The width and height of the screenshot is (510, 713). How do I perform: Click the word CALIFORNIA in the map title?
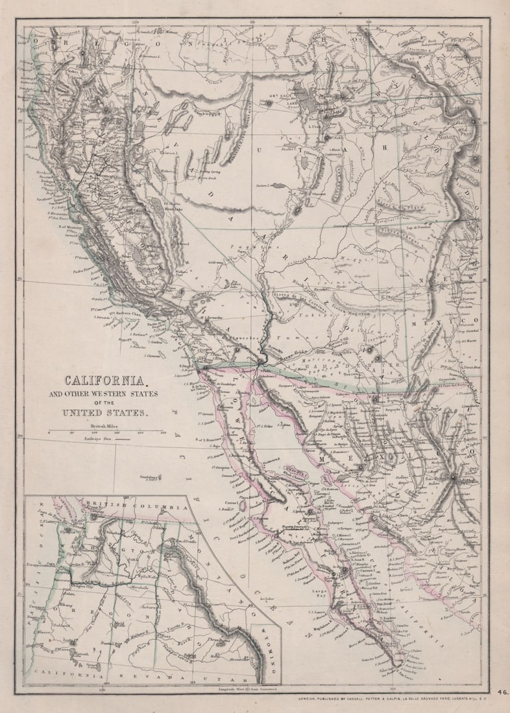coord(107,382)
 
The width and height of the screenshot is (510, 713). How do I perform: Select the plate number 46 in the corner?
coord(503,692)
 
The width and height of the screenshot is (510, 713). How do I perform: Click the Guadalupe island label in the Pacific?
coord(150,476)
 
